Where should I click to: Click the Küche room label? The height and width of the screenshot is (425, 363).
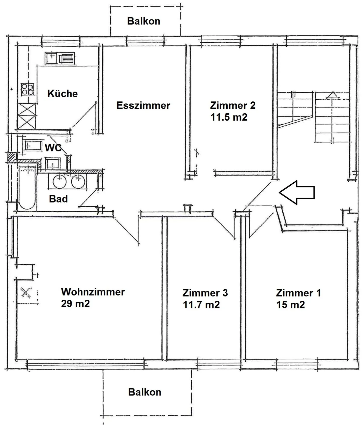click(x=63, y=94)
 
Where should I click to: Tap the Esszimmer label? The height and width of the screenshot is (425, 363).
click(x=143, y=105)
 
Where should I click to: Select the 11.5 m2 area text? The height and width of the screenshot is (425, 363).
click(x=229, y=117)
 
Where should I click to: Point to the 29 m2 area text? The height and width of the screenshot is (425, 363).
click(x=75, y=303)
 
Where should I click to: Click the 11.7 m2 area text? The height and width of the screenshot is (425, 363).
click(x=201, y=305)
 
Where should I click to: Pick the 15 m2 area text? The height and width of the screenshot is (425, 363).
click(x=291, y=305)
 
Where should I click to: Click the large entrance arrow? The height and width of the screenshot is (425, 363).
click(x=297, y=192)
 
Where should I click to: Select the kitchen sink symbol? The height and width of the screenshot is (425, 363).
click(x=60, y=59)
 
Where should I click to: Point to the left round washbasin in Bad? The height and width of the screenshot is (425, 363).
click(x=60, y=181)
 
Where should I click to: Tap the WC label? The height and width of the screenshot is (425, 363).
click(x=53, y=148)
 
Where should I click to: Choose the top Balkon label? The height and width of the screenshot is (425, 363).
click(x=144, y=21)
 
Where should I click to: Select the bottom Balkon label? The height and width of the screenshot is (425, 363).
click(x=145, y=392)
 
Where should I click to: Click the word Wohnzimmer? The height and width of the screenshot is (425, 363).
click(x=93, y=292)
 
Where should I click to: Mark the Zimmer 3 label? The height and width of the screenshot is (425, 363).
click(x=205, y=293)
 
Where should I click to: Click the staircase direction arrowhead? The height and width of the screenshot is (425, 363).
click(x=332, y=95)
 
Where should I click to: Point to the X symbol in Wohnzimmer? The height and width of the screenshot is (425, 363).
click(x=26, y=293)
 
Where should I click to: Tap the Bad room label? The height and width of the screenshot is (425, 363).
click(x=58, y=199)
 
